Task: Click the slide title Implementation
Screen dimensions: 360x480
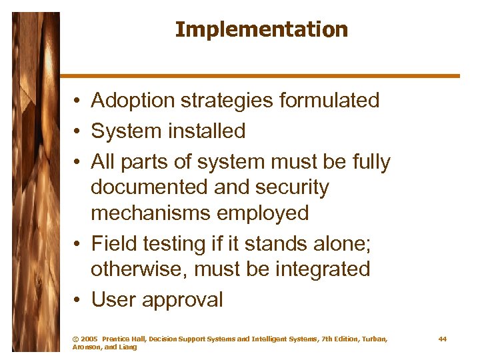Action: (x=261, y=30)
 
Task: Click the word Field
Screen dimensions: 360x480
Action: (x=111, y=244)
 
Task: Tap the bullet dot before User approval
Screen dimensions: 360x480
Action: (x=78, y=301)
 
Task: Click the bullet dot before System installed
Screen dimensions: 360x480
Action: (x=78, y=132)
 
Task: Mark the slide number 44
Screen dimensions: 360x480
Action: (x=443, y=339)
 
